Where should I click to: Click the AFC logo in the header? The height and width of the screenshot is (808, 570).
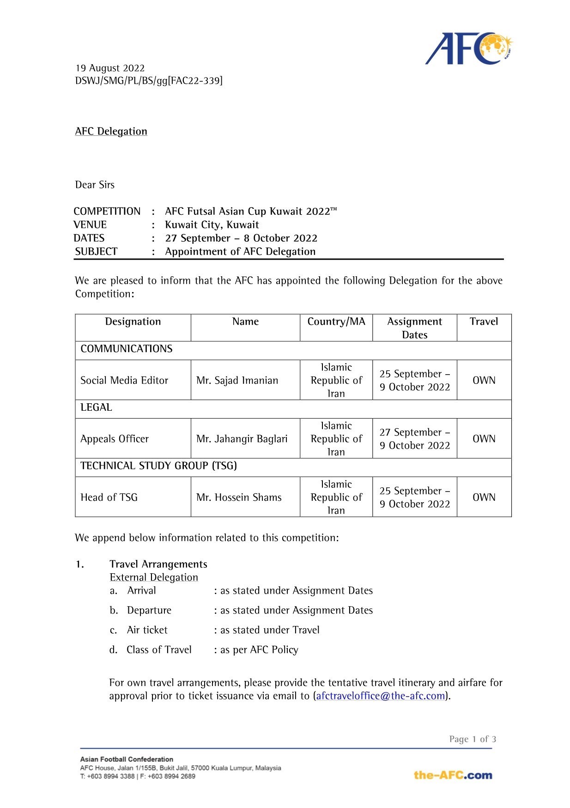click(x=468, y=49)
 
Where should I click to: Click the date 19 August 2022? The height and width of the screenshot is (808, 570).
click(x=110, y=68)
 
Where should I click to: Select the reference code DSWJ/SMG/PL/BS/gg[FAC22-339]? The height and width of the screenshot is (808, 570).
click(x=149, y=81)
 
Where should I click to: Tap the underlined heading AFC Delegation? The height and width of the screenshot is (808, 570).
click(x=111, y=131)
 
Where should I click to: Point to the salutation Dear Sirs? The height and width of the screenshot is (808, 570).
click(x=95, y=185)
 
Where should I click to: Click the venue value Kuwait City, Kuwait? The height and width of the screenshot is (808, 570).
click(x=212, y=225)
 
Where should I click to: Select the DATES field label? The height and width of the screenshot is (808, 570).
click(x=89, y=238)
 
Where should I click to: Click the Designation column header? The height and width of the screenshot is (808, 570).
click(x=133, y=322)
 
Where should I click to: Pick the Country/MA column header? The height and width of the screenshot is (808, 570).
click(x=336, y=322)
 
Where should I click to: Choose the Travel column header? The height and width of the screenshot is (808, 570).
click(x=484, y=322)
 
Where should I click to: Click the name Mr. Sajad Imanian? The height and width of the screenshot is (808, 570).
click(x=237, y=380)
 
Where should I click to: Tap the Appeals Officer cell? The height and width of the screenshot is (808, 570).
click(x=115, y=439)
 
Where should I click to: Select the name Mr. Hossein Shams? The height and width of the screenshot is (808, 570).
click(x=239, y=497)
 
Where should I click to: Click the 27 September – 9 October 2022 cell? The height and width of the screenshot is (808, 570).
click(x=415, y=439)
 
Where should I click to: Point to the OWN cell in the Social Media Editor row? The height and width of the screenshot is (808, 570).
click(x=484, y=380)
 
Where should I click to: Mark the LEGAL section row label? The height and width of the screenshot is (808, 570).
click(x=96, y=407)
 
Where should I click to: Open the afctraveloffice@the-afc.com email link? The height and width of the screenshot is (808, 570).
click(x=381, y=696)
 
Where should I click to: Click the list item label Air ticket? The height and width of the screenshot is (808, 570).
click(x=147, y=630)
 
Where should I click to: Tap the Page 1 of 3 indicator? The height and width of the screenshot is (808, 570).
click(x=472, y=739)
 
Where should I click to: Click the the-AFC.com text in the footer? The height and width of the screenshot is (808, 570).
click(x=453, y=775)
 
